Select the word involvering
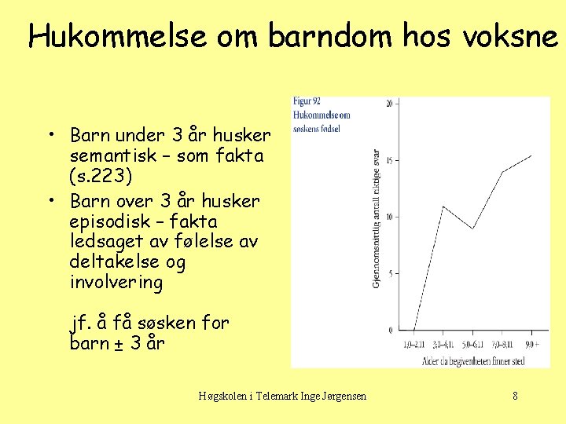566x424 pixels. tap(116, 283)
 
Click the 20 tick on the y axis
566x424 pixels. tap(390, 104)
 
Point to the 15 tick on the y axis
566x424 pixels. tap(390, 160)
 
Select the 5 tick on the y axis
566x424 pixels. tap(391, 273)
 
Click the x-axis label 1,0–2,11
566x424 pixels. tap(414, 344)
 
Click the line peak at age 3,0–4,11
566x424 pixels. tap(444, 207)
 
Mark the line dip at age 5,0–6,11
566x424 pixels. tap(472, 228)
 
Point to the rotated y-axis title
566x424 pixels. tap(376, 217)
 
